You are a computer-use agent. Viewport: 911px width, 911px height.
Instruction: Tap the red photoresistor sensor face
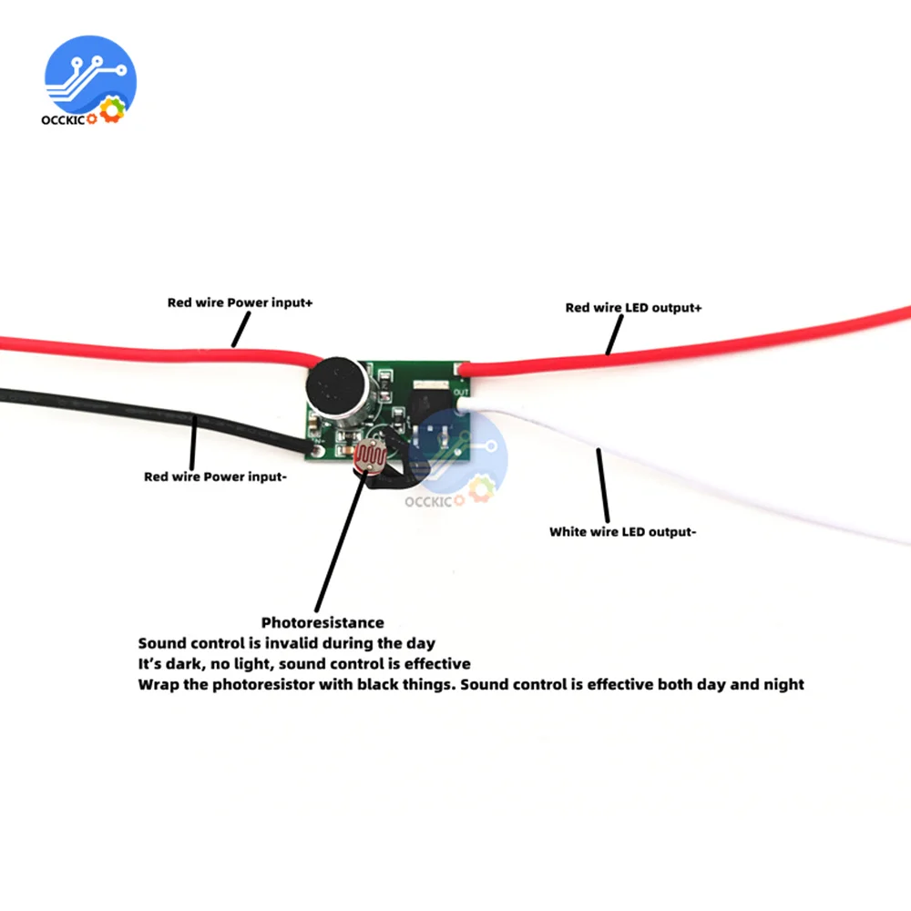371,455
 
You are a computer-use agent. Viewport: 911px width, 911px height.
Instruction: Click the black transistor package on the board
430,398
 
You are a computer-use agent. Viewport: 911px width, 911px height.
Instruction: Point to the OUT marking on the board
460,391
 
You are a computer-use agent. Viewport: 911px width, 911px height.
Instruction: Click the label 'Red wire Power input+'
240,302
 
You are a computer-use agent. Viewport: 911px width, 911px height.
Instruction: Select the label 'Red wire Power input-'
216,476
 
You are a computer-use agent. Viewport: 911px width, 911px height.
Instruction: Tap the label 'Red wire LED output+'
634,307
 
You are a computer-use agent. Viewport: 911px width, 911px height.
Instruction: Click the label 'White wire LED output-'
623,532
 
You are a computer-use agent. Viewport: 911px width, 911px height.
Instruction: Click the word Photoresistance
322,623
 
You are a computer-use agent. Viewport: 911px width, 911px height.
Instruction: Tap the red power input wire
137,347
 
